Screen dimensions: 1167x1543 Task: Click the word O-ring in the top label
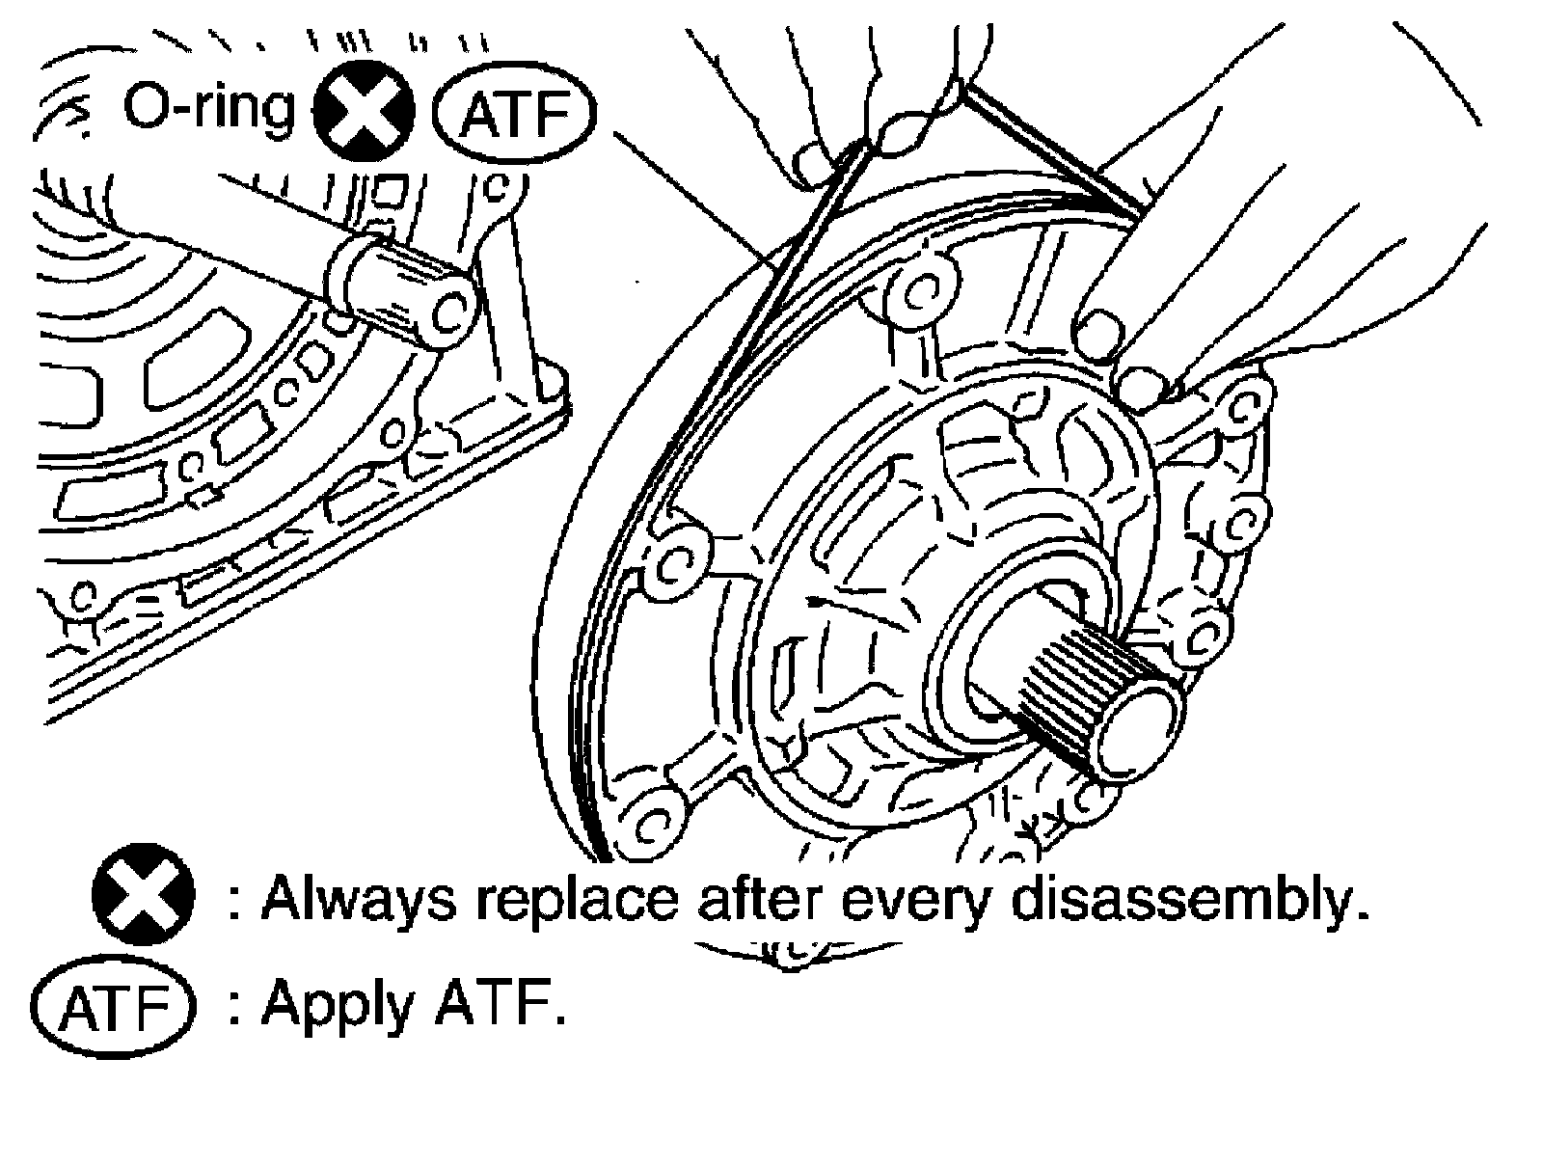point(207,108)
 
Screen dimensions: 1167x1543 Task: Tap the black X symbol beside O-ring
point(366,115)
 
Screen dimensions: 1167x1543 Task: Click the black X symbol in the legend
point(143,900)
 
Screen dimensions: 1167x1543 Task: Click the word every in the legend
point(921,902)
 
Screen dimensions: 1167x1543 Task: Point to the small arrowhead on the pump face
point(820,601)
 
